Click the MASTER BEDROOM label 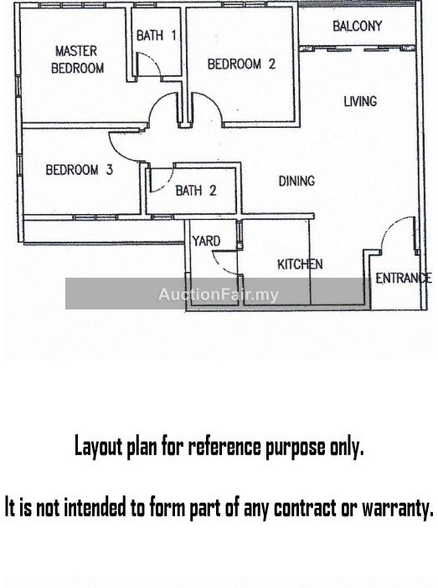coord(77,59)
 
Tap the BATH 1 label coord(156,36)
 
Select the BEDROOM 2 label coord(241,64)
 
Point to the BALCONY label coord(358,26)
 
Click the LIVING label coord(360,101)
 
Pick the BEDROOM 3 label coord(80,170)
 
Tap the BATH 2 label coord(196,191)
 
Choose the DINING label coord(296,182)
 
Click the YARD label coord(206,241)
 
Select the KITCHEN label coord(300,264)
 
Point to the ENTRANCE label coord(404,279)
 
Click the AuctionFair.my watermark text coord(219,294)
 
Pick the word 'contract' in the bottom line coord(305,509)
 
